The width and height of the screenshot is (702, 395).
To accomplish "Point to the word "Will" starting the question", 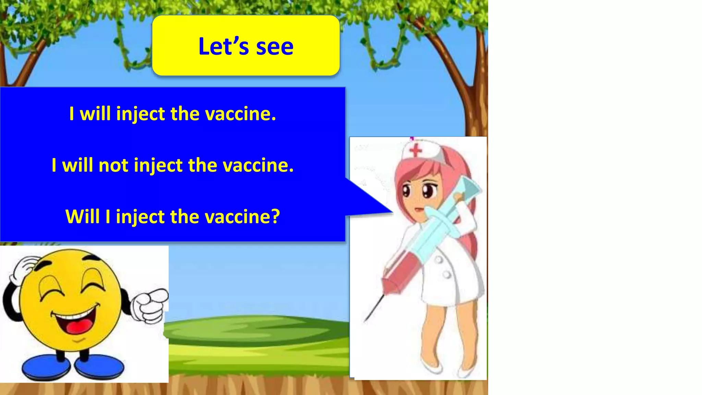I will [82, 217].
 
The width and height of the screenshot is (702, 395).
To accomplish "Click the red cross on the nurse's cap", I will [416, 150].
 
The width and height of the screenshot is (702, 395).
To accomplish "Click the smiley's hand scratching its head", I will [24, 267].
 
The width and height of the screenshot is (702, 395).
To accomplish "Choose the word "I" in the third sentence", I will [108, 217].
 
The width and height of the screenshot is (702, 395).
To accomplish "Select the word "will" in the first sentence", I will [95, 114].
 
